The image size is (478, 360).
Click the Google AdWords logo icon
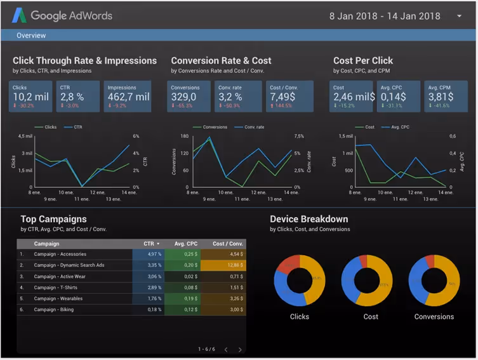point(19,15)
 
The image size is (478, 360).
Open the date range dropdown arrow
point(459,16)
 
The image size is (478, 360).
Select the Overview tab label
point(31,36)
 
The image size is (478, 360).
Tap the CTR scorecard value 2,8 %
point(72,97)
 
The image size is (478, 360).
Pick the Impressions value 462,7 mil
point(128,97)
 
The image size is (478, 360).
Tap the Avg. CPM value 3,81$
point(441,97)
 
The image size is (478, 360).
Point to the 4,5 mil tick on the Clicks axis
point(25,136)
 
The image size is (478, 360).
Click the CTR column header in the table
point(150,243)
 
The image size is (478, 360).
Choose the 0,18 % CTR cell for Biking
point(150,310)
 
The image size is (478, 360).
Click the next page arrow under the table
point(240,349)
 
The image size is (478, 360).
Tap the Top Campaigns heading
point(53,219)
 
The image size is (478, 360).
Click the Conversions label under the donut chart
point(434,316)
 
